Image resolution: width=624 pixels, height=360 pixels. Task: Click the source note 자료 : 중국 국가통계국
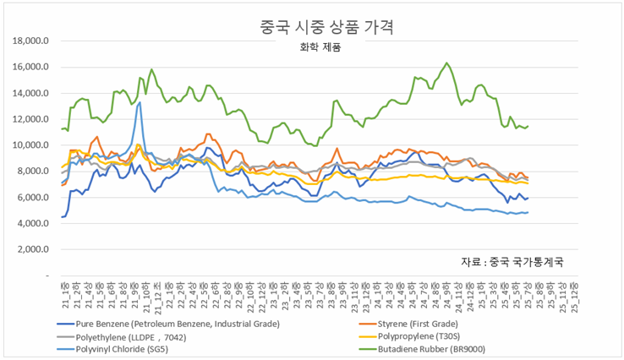pyautogui.click(x=512, y=261)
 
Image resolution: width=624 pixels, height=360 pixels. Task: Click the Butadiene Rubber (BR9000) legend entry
pyautogui.click(x=464, y=348)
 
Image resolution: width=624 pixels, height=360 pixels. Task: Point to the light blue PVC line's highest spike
pyautogui.click(x=140, y=103)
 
